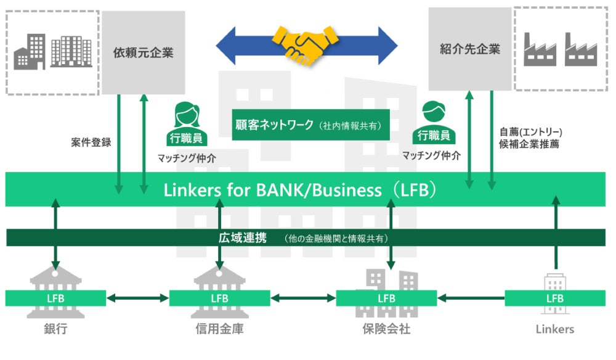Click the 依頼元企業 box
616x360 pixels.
[x=144, y=52]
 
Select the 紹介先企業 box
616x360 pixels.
[x=470, y=49]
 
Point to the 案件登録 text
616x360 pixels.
[x=91, y=142]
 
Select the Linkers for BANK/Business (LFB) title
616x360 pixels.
[x=300, y=190]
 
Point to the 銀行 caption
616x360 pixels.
[x=55, y=329]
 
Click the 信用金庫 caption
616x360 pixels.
[x=219, y=329]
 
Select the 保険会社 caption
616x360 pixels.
[x=386, y=329]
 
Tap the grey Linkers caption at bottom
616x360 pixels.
[x=554, y=329]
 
